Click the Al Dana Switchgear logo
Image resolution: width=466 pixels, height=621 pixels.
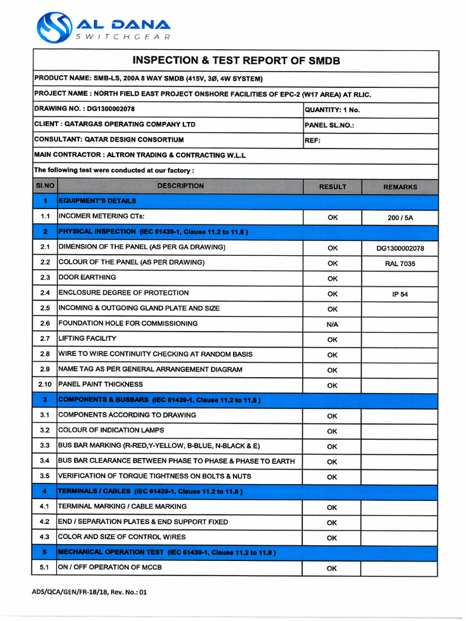point(103,29)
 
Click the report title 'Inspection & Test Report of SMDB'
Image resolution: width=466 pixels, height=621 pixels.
point(236,61)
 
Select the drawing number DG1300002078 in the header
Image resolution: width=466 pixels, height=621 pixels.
point(111,109)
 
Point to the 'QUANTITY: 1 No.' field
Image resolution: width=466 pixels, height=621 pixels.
point(332,110)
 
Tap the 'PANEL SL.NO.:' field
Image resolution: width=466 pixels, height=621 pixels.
point(329,125)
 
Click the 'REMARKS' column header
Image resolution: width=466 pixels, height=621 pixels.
point(400,187)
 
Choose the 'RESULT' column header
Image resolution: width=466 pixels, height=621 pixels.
point(333,187)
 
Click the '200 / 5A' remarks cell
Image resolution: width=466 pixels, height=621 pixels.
point(400,217)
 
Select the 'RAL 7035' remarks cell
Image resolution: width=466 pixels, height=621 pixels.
point(400,264)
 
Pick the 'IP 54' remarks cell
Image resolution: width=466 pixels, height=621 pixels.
point(400,294)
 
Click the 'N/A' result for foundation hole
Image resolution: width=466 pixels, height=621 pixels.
point(332,324)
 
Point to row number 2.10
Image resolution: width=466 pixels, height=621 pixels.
point(45,384)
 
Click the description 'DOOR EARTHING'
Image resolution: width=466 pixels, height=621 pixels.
point(87,278)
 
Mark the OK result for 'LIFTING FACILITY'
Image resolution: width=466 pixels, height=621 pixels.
point(332,340)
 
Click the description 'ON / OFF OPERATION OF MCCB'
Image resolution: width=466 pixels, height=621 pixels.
point(110,568)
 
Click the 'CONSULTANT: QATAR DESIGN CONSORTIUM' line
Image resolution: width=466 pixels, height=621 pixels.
point(109,140)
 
